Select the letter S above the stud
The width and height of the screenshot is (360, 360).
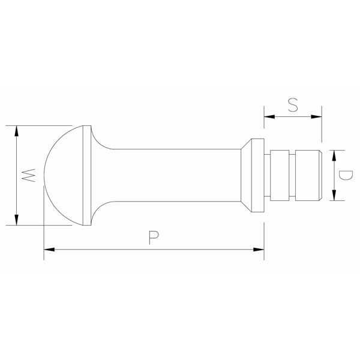[x=292, y=105]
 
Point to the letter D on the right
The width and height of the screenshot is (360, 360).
[x=344, y=175]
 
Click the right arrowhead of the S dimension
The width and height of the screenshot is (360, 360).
[x=317, y=116]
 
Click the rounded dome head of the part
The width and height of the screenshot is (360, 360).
[x=63, y=175]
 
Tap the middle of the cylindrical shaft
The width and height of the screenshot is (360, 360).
[x=174, y=175]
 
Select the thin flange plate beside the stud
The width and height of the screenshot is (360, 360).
[x=257, y=175]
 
